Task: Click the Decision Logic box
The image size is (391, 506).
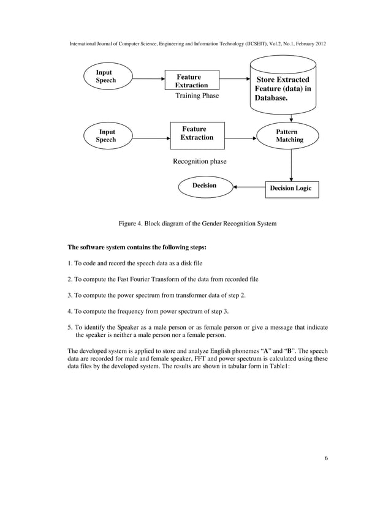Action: (291, 189)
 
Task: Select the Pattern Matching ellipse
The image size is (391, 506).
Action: (290, 136)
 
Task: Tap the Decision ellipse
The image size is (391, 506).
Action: (205, 186)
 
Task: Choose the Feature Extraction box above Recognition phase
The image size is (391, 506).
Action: (197, 134)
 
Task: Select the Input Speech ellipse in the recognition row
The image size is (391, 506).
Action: (107, 135)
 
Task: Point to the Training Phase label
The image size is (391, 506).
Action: (197, 96)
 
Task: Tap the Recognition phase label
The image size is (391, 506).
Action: (199, 161)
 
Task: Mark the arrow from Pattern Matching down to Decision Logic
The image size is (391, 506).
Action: (290, 164)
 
